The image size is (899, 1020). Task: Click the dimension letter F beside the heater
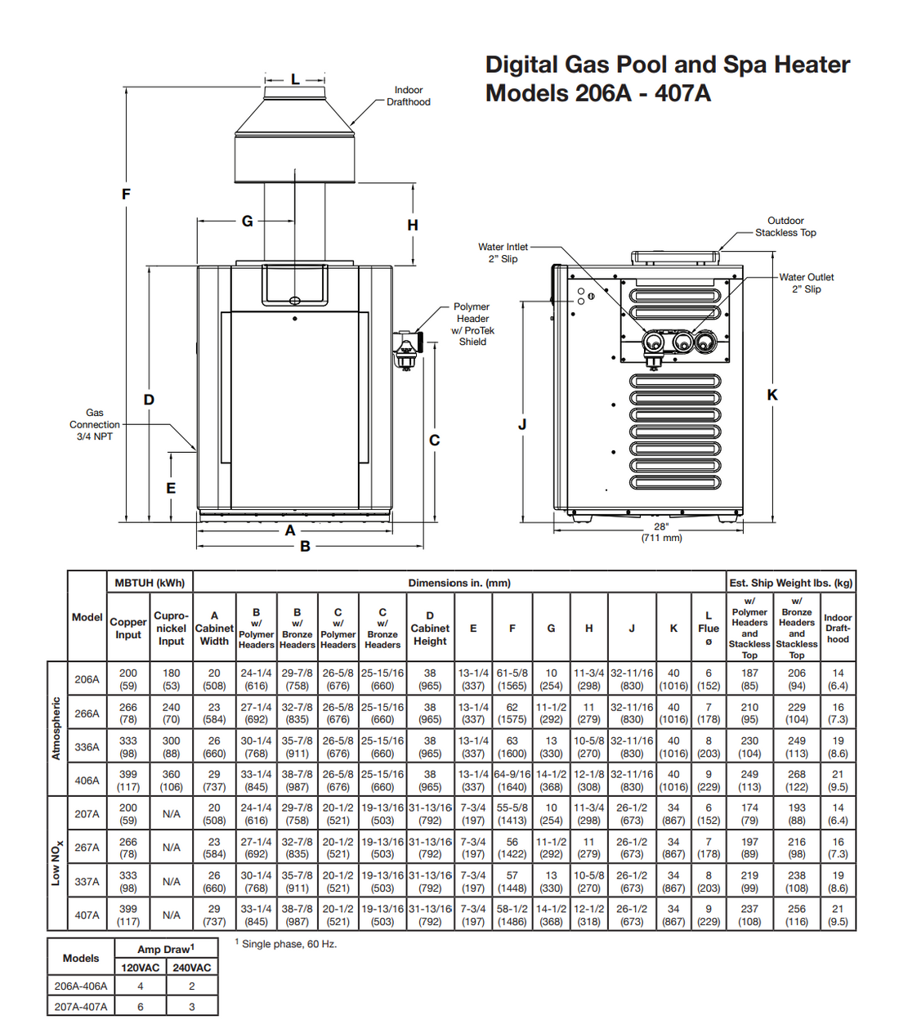[x=126, y=194]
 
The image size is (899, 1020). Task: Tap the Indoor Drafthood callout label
[x=409, y=96]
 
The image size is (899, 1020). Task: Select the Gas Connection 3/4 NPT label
[x=95, y=425]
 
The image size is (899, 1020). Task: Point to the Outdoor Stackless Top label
[x=785, y=226]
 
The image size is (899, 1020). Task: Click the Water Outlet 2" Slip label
[x=806, y=283]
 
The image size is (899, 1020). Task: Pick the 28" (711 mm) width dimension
[x=661, y=532]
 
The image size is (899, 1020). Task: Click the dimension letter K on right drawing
[x=772, y=395]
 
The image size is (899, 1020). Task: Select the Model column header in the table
[x=87, y=617]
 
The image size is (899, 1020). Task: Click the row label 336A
[x=87, y=747]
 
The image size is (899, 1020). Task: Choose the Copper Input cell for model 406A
[x=128, y=781]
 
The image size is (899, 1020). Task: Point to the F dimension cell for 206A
[x=512, y=679]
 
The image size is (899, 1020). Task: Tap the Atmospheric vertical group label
[x=56, y=728]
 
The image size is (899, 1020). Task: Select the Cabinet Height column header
[x=430, y=628]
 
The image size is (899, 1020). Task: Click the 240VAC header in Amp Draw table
[x=191, y=968]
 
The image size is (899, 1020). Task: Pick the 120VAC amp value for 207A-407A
[x=141, y=1007]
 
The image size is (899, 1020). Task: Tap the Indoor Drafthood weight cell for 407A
[x=838, y=915]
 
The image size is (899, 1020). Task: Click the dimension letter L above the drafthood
[x=295, y=79]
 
